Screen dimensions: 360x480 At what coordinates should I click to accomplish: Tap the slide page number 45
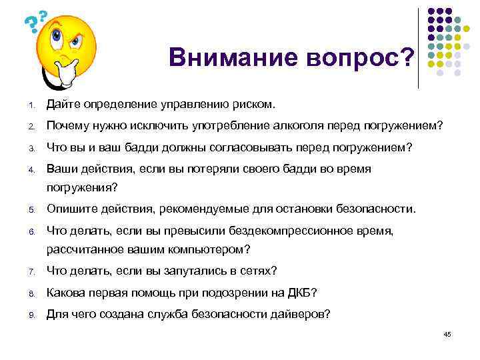(447, 334)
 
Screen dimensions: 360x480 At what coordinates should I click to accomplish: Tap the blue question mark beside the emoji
(29, 25)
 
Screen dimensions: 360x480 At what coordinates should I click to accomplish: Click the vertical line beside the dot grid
(418, 48)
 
